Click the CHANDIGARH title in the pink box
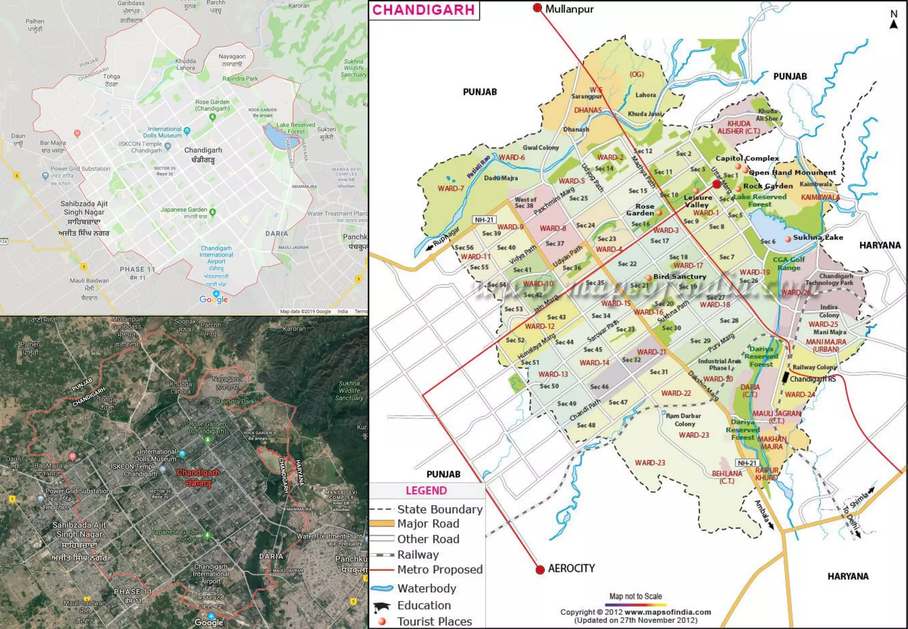click(423, 10)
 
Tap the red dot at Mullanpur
click(537, 8)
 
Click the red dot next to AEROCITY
click(540, 570)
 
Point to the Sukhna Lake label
click(818, 237)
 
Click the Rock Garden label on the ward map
click(767, 186)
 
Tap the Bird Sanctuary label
click(679, 276)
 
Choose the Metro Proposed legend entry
click(439, 570)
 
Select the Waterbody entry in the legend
click(427, 588)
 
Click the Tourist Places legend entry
click(434, 621)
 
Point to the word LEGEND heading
click(426, 491)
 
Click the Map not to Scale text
click(635, 596)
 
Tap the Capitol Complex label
click(747, 158)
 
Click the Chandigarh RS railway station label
click(812, 379)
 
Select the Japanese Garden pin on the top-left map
click(213, 212)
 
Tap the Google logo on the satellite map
click(209, 622)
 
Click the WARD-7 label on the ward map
click(450, 189)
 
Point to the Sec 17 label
click(659, 241)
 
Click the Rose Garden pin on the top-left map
click(212, 117)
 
